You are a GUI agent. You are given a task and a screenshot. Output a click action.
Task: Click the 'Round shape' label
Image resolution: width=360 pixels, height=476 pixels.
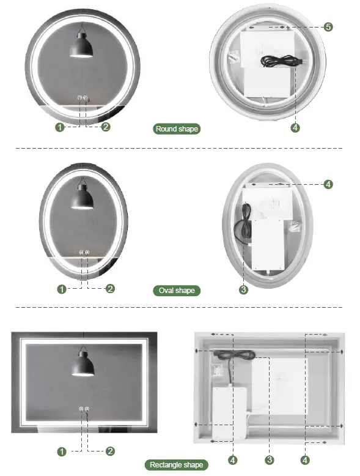point(177,128)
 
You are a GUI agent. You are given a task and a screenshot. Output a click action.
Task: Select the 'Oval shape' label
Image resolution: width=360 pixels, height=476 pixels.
point(177,290)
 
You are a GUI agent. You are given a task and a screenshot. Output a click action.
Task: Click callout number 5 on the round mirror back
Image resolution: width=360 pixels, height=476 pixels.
point(328,27)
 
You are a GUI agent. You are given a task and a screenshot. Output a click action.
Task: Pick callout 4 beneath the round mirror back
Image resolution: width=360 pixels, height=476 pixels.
point(295,128)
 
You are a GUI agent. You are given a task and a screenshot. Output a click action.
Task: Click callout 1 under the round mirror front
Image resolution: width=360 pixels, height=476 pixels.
point(60,127)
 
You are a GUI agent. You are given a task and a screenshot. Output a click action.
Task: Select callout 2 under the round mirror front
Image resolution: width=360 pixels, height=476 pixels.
point(106,127)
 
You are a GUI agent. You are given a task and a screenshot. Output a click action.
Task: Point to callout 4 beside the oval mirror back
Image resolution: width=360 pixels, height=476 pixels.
point(328,184)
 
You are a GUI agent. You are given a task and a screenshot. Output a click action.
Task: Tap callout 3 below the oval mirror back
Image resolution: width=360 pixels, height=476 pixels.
point(244,290)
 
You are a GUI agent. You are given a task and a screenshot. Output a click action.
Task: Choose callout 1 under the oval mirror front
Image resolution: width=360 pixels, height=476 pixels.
point(61,289)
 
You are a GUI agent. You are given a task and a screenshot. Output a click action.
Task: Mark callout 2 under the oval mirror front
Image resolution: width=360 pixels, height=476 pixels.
point(110,289)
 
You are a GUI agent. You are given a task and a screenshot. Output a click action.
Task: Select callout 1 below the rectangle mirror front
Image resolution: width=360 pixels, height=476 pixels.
point(61,452)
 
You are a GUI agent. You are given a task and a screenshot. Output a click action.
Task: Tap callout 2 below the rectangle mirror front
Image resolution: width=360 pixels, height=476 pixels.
point(110,452)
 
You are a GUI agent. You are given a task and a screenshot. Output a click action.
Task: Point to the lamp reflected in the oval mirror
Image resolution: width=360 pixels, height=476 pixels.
point(82,196)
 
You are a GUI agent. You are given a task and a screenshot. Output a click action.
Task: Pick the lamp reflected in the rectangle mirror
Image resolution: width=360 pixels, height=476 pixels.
point(84,365)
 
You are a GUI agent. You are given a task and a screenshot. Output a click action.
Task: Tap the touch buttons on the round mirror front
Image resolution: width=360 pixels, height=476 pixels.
point(83,98)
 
